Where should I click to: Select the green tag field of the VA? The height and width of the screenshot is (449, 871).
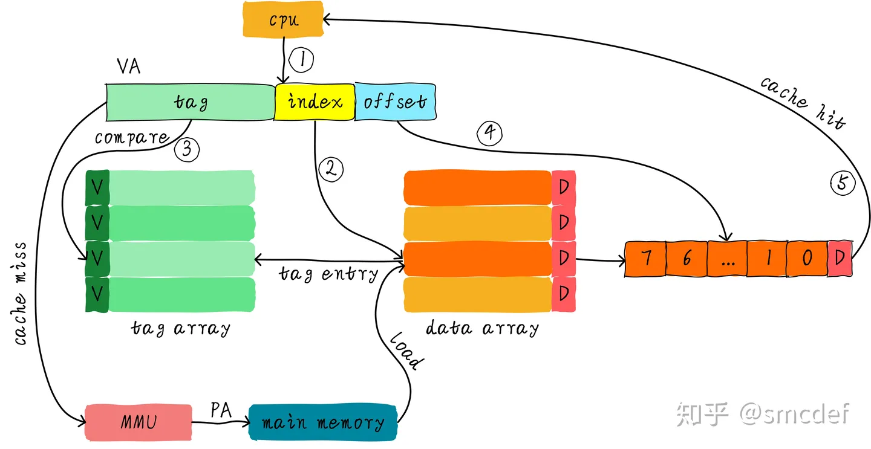pyautogui.click(x=191, y=102)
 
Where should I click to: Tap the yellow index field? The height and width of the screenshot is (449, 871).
pyautogui.click(x=314, y=102)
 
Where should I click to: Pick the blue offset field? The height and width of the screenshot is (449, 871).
pyautogui.click(x=394, y=102)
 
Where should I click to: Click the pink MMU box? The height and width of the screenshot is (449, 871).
pyautogui.click(x=138, y=421)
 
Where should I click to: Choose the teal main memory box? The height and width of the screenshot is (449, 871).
pyautogui.click(x=322, y=422)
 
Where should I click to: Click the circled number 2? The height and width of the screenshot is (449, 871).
pyautogui.click(x=330, y=170)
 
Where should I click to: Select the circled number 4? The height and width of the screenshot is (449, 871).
pyautogui.click(x=490, y=134)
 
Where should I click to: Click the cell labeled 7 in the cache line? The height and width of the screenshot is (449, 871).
pyautogui.click(x=645, y=259)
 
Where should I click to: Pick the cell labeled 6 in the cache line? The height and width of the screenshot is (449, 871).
pyautogui.click(x=687, y=259)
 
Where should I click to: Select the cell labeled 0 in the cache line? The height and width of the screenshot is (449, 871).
pyautogui.click(x=806, y=259)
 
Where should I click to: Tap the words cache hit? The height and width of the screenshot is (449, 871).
pyautogui.click(x=803, y=102)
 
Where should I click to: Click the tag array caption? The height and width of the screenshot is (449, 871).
pyautogui.click(x=181, y=328)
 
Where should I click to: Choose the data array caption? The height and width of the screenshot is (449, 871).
pyautogui.click(x=482, y=328)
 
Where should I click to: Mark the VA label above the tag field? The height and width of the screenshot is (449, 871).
pyautogui.click(x=128, y=66)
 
